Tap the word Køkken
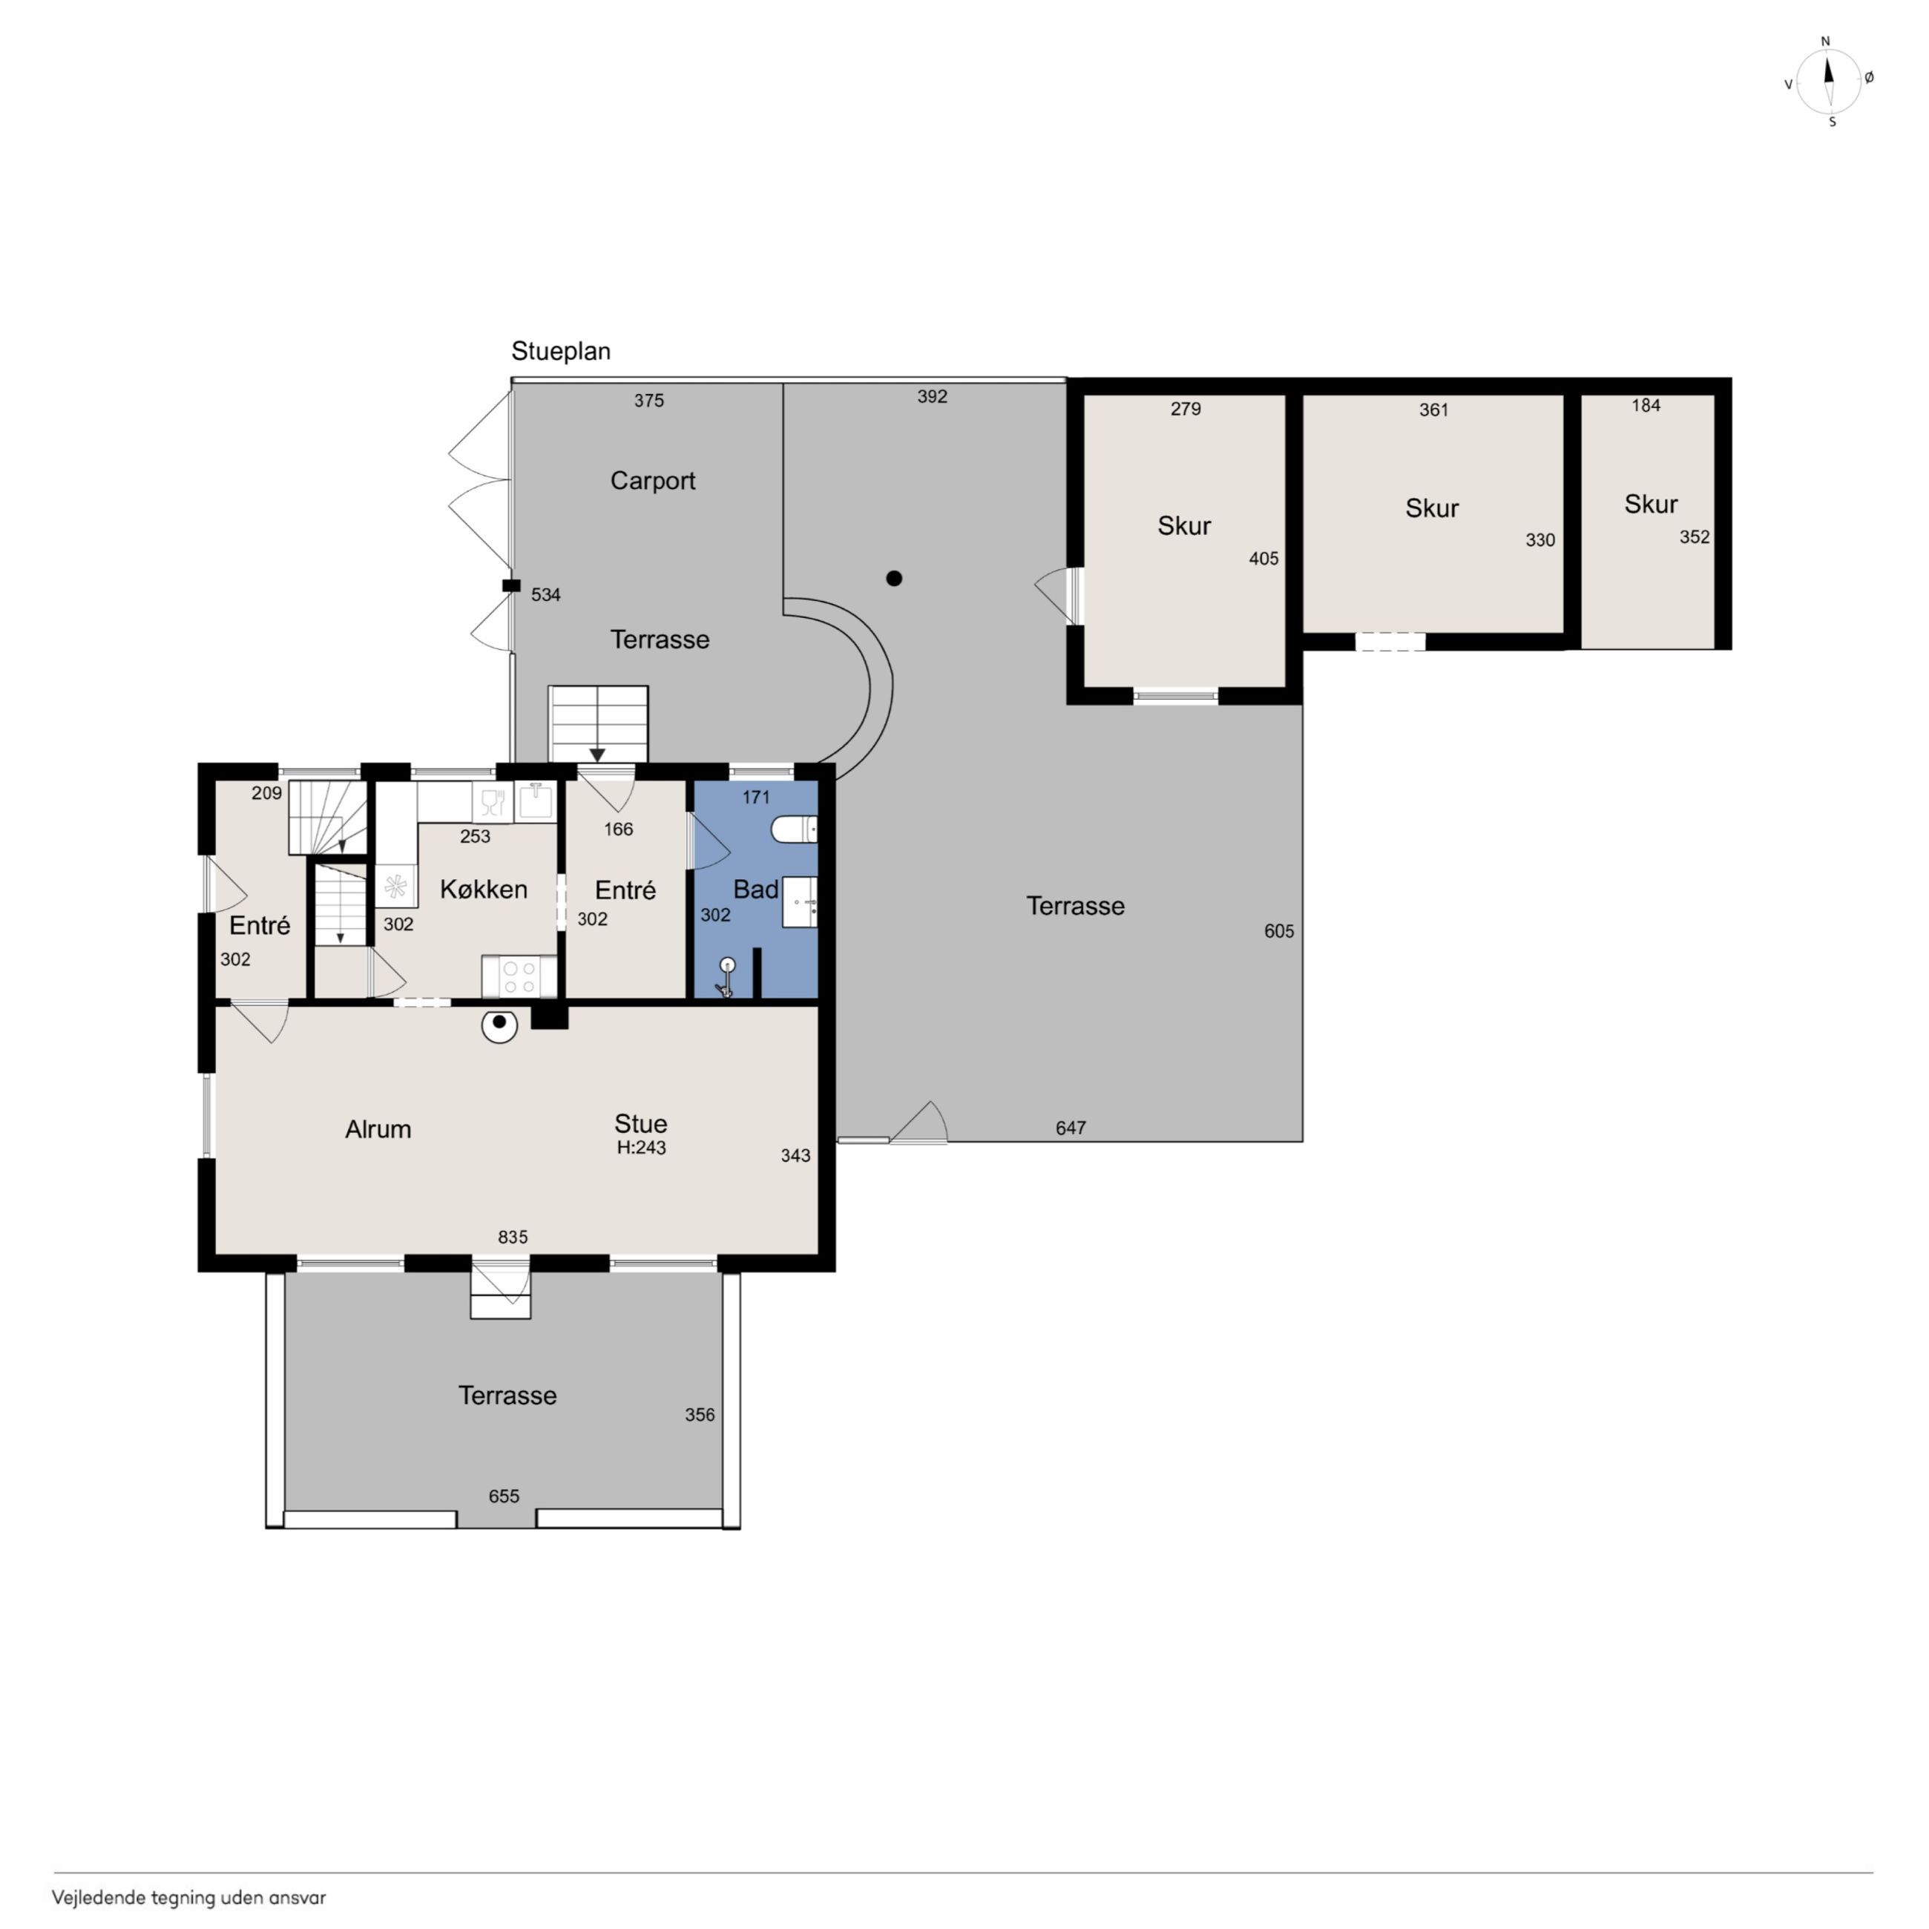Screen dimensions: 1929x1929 click(x=483, y=889)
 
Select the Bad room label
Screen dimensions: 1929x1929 click(x=756, y=890)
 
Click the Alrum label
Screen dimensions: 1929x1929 click(x=378, y=1129)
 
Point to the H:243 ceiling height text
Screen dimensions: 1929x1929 click(x=641, y=1148)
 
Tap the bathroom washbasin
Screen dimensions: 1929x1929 click(x=800, y=903)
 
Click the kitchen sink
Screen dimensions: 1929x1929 click(x=535, y=802)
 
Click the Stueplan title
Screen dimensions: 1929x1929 click(x=561, y=352)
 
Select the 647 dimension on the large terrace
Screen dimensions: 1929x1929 click(x=1071, y=1128)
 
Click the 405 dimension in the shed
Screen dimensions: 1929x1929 click(x=1264, y=559)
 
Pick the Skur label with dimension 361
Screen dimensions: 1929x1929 click(x=1432, y=508)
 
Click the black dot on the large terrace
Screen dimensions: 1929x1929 click(x=895, y=578)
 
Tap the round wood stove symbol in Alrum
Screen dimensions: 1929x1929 click(x=499, y=1025)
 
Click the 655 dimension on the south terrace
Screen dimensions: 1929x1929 click(x=505, y=1496)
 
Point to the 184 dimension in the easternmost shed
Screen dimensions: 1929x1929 click(x=1646, y=405)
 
